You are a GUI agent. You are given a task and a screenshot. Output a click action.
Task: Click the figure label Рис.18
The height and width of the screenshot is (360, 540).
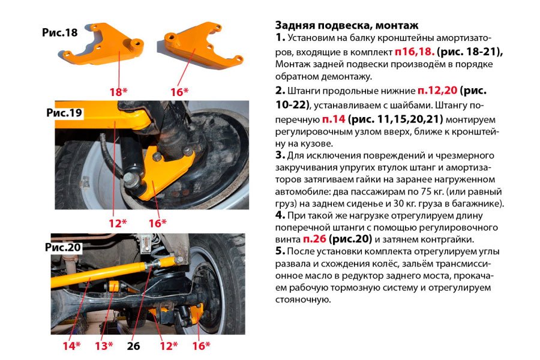[60, 32]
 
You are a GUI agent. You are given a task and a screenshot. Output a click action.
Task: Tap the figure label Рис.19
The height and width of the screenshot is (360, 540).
[65, 113]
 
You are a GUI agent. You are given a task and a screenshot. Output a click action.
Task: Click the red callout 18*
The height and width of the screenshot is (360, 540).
[119, 91]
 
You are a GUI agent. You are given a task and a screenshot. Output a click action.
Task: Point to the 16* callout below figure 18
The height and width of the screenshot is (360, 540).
[179, 91]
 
